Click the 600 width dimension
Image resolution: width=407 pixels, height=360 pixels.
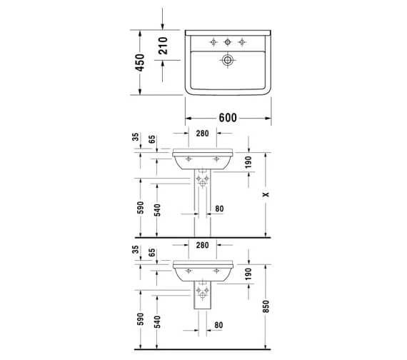point(228,118)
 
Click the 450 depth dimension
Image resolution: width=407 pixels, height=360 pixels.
point(140,63)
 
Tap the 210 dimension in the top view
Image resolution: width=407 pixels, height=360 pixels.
point(163,46)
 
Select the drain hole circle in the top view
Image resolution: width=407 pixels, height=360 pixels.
point(228,60)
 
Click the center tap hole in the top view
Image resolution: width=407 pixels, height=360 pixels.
point(228,41)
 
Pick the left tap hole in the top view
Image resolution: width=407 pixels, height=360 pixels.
point(213,41)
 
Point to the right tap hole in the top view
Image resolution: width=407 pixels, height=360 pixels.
point(242,41)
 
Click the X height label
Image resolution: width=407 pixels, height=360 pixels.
point(266,194)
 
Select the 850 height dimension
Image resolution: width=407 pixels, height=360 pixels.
point(266,306)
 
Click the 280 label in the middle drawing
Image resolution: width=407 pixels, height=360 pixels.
point(202,134)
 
